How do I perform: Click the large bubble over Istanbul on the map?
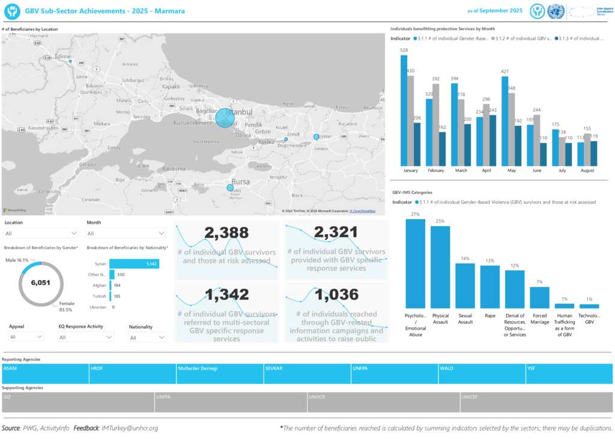225,118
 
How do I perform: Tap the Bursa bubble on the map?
230,188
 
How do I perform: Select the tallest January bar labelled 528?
404,111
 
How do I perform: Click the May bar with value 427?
504,121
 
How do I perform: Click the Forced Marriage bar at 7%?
539,297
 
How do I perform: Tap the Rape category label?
489,315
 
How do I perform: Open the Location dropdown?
41,233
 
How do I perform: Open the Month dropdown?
126,233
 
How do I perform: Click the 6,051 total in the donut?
41,283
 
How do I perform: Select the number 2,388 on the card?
226,232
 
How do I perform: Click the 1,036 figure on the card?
336,294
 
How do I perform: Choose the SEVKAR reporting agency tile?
307,373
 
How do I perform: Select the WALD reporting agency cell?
481,373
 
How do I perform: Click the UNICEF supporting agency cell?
536,402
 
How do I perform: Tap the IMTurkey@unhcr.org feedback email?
130,428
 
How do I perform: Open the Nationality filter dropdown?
147,338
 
